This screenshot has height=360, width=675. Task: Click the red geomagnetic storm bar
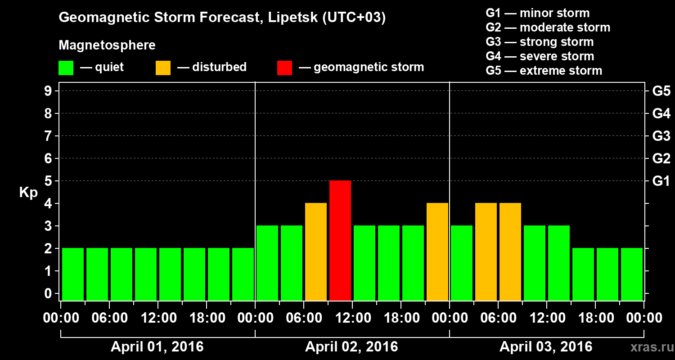coord(340,240)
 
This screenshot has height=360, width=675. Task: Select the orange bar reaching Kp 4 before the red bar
coord(316,252)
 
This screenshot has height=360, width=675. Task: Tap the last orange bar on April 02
coord(437,252)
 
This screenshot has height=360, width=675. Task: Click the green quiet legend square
coord(66,68)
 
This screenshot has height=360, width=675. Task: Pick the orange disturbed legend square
coord(163,68)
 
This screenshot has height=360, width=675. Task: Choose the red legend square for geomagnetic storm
coord(284,68)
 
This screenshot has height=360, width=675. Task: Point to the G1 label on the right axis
coord(661,181)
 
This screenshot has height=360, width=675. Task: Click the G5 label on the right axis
coord(661,91)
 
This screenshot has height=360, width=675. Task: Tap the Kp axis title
coord(28,193)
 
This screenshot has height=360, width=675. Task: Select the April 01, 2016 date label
coord(157,347)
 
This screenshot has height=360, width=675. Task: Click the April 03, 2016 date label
coord(546,347)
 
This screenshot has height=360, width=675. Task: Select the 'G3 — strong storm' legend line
coord(540,42)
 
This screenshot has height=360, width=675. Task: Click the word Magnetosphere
coord(107,45)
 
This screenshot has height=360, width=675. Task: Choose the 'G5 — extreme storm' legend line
coord(544,71)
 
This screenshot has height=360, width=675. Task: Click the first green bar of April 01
coord(73,274)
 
